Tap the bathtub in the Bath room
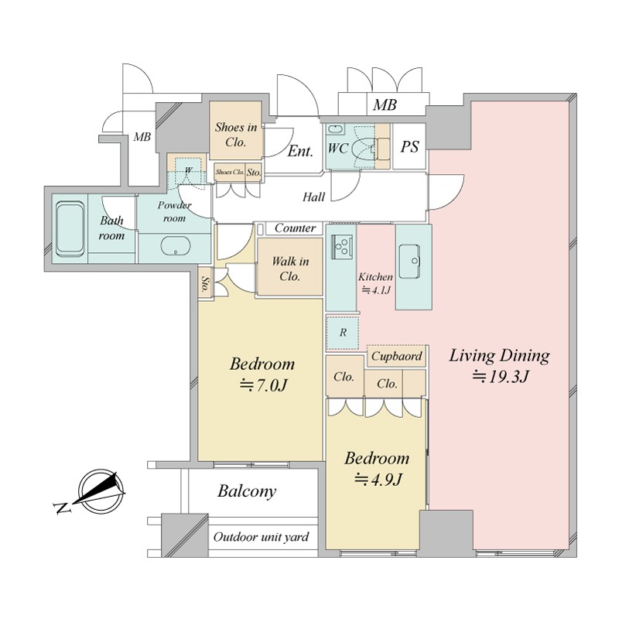click(x=70, y=228)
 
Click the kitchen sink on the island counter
click(x=409, y=261)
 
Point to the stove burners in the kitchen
click(x=341, y=247)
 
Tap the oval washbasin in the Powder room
click(x=176, y=247)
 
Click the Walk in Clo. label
click(x=290, y=268)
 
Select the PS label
click(x=409, y=147)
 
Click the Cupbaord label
click(x=397, y=356)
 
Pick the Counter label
click(x=295, y=227)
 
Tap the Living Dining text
click(x=499, y=356)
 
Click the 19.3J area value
click(x=501, y=378)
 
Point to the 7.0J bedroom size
click(x=263, y=385)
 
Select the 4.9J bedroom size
click(x=378, y=480)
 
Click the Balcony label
click(x=247, y=491)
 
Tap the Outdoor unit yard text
click(x=261, y=537)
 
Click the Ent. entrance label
click(x=300, y=151)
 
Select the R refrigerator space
click(x=343, y=333)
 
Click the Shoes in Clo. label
click(x=236, y=134)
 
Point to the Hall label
click(x=314, y=197)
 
